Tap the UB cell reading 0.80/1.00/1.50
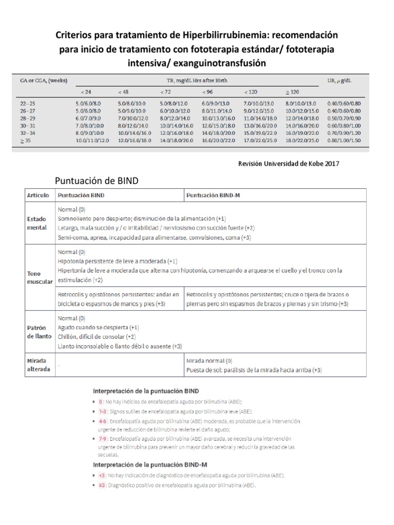[x=344, y=139]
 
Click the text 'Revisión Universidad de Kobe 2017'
[x=289, y=164]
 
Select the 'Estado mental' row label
[x=37, y=224]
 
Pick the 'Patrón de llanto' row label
[x=38, y=332]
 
